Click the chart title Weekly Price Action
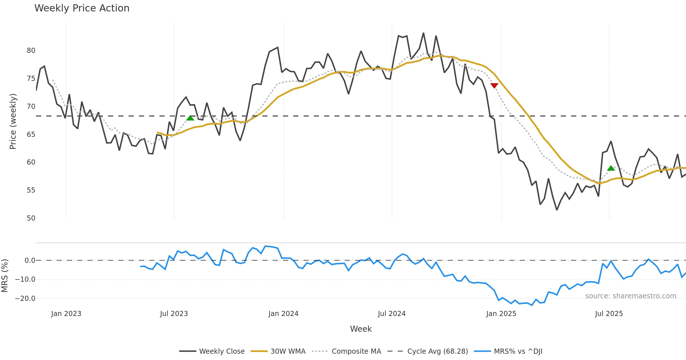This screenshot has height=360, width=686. [x=82, y=8]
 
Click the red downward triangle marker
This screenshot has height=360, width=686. [x=494, y=85]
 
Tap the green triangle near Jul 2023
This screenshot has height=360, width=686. [x=190, y=118]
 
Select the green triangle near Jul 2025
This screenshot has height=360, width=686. [x=611, y=168]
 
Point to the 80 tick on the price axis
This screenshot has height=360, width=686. [x=31, y=51]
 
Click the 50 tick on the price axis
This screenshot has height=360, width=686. [x=31, y=218]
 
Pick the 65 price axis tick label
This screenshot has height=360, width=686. [x=31, y=135]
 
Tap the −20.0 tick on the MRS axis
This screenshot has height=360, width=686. [x=25, y=299]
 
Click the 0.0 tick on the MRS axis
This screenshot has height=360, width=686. [x=30, y=261]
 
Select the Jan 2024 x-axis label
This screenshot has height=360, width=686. [x=283, y=314]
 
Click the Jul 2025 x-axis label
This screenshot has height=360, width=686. [x=609, y=314]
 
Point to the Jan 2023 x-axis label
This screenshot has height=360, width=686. [x=66, y=314]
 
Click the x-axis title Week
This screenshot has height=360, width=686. [x=361, y=329]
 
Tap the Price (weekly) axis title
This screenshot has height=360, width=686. [x=13, y=121]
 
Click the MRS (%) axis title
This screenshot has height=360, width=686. [x=5, y=276]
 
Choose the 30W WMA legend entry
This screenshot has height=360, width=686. [x=288, y=351]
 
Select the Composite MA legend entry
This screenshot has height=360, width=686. [x=356, y=351]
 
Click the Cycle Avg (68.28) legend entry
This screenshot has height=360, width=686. [x=437, y=351]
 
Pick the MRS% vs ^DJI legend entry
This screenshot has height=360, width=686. [x=518, y=351]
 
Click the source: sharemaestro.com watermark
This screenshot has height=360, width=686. [x=631, y=296]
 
